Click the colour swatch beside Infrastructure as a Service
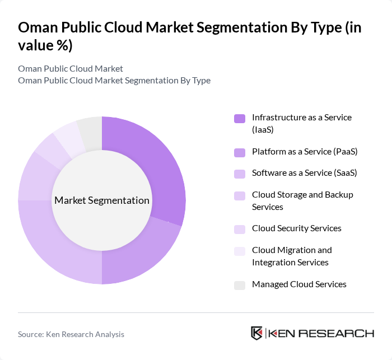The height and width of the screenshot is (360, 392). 240,118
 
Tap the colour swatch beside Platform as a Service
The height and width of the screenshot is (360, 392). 240,152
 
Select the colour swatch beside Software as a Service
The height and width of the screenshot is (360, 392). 240,174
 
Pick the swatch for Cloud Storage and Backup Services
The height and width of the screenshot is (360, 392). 240,195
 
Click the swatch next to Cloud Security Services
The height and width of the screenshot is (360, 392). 240,229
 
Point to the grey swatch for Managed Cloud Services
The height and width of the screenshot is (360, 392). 240,285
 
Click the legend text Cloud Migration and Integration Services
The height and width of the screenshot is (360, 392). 292,256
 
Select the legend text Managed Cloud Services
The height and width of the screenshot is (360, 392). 299,284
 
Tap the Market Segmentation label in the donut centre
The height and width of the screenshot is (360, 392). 102,200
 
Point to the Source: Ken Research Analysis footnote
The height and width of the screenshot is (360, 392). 71,334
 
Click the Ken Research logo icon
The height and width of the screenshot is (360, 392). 257,333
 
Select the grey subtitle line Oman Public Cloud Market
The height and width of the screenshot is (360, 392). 71,68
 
